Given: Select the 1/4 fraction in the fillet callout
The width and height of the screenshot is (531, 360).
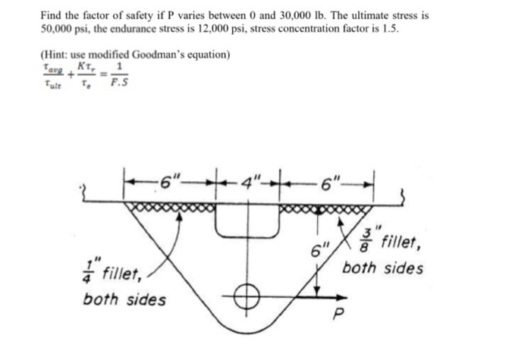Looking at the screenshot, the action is pyautogui.click(x=89, y=270).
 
